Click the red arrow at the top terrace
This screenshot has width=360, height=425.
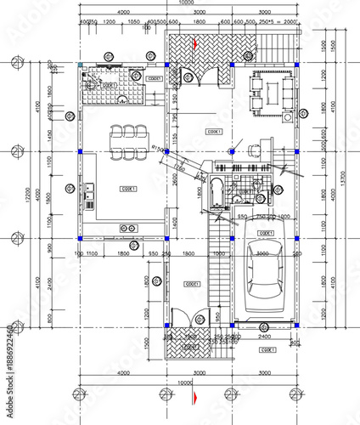[x=194, y=42]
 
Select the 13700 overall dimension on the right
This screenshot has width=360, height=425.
[x=344, y=178]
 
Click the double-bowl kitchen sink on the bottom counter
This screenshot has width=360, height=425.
[x=130, y=227]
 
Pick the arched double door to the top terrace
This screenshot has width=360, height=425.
[x=199, y=78]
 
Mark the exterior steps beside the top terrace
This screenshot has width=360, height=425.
[x=278, y=47]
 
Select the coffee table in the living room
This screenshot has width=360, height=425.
[x=271, y=90]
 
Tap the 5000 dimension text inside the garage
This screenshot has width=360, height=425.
[x=262, y=252]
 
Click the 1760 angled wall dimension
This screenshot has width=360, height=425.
[x=203, y=175]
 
